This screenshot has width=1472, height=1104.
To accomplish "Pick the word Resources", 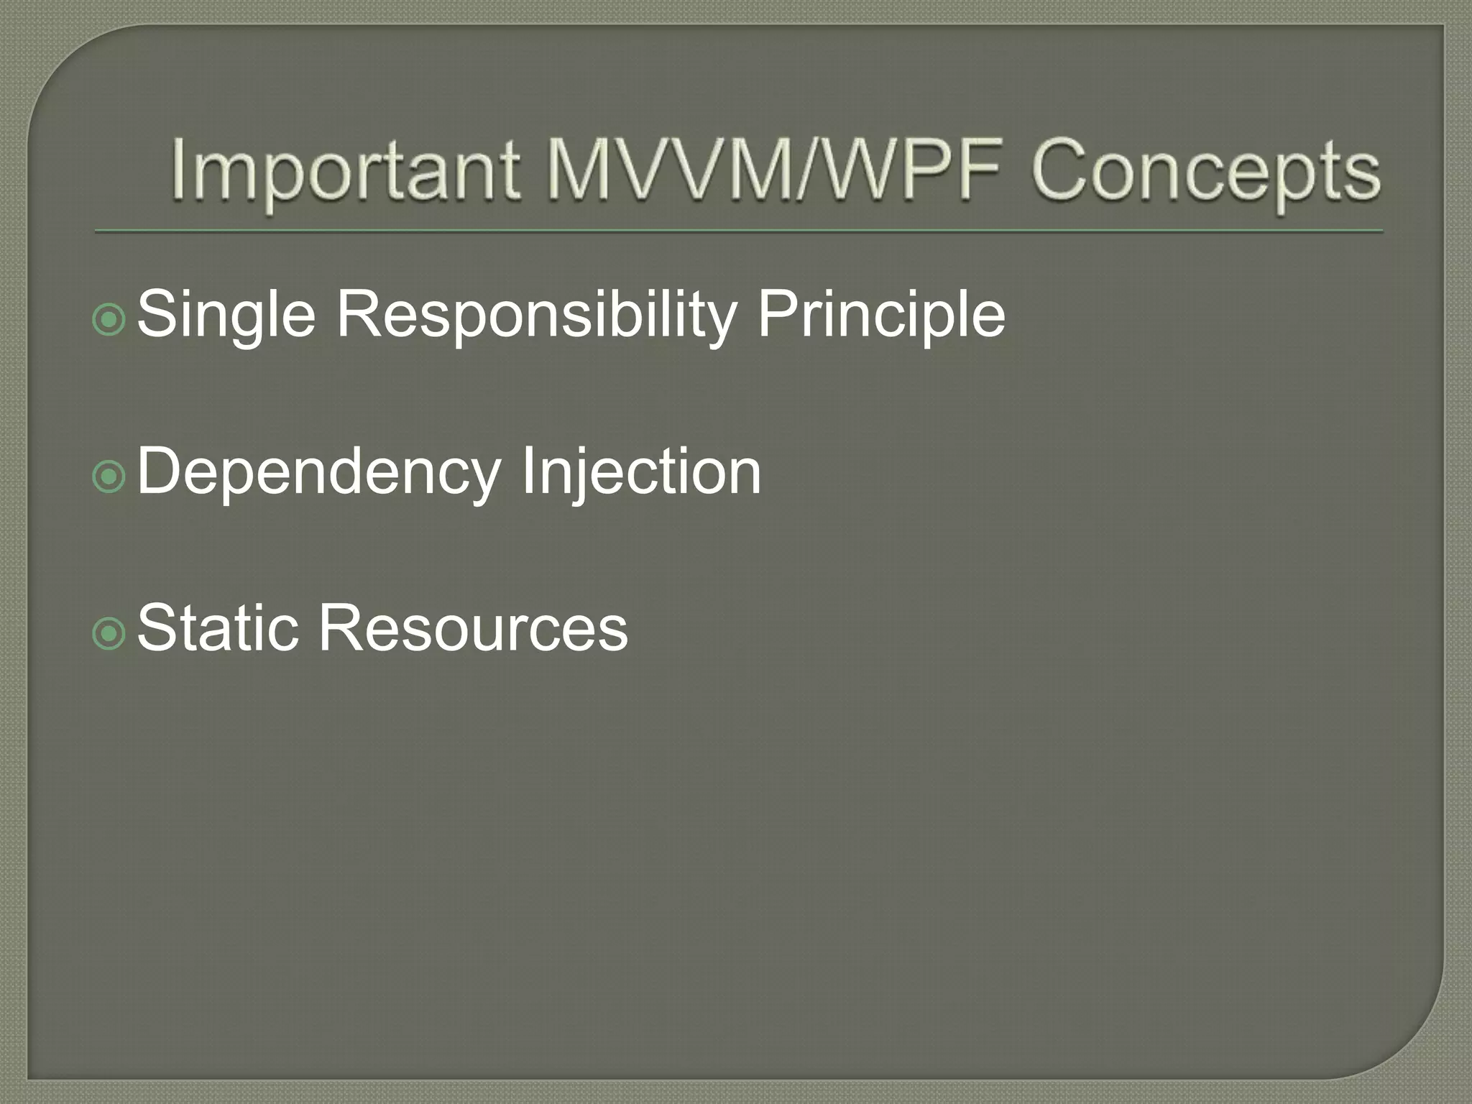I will click(473, 628).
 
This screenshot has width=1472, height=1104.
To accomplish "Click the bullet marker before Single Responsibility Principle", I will click(109, 319).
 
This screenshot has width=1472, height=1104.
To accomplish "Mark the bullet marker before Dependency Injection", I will click(109, 476).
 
